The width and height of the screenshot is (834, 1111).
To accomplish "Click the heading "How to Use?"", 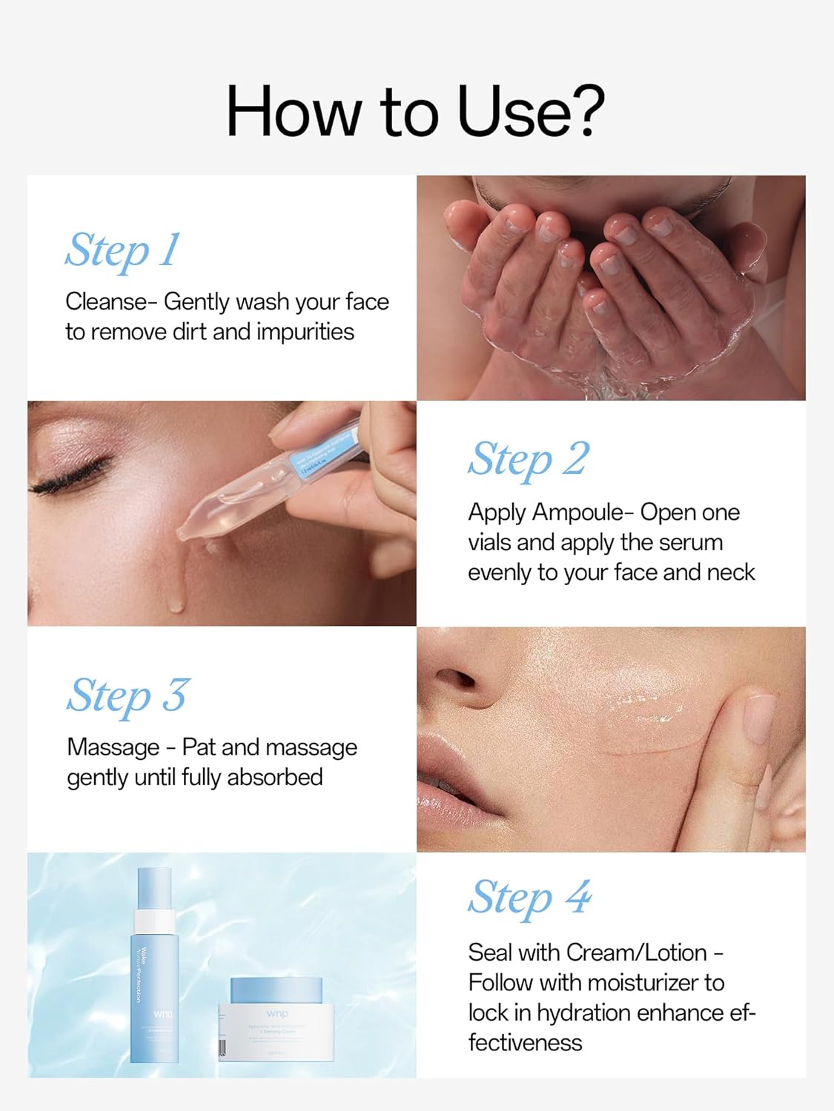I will click(415, 111).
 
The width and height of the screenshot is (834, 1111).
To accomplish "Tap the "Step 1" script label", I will click(122, 250).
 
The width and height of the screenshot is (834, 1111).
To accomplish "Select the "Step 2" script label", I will click(529, 459).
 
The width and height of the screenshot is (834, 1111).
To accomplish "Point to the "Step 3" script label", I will click(128, 696).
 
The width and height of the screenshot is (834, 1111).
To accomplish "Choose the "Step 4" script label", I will click(529, 898).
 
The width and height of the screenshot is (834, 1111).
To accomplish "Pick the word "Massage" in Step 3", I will click(113, 747).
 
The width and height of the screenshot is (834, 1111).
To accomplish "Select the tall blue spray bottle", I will click(154, 967).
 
